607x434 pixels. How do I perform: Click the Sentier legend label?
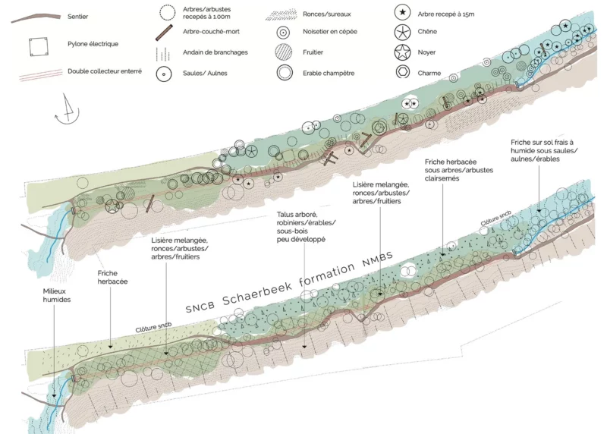[x=77, y=17]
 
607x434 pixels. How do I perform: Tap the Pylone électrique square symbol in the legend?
[x=39, y=46]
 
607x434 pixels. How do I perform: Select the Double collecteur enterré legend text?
[x=105, y=71]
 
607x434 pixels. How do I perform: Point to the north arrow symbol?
[x=68, y=109]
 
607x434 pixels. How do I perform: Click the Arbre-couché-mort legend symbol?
[x=164, y=33]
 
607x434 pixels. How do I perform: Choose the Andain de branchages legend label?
[x=215, y=52]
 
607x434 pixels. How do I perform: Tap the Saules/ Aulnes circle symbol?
[x=164, y=74]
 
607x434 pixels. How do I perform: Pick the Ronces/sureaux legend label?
[x=327, y=14]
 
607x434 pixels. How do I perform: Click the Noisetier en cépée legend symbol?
[x=283, y=33]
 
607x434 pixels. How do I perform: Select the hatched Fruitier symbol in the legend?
[x=284, y=52]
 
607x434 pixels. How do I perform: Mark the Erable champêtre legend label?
[x=329, y=73]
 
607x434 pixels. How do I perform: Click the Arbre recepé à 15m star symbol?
[x=403, y=13]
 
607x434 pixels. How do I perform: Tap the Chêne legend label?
[x=427, y=32]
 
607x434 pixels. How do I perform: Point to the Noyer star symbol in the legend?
[x=402, y=52]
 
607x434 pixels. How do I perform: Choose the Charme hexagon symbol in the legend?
[x=403, y=72]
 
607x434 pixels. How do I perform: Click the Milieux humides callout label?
[x=56, y=295]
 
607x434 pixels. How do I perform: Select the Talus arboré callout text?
[x=306, y=227]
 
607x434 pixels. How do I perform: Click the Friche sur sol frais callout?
[x=544, y=150]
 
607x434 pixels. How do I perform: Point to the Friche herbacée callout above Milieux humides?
[x=112, y=277]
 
